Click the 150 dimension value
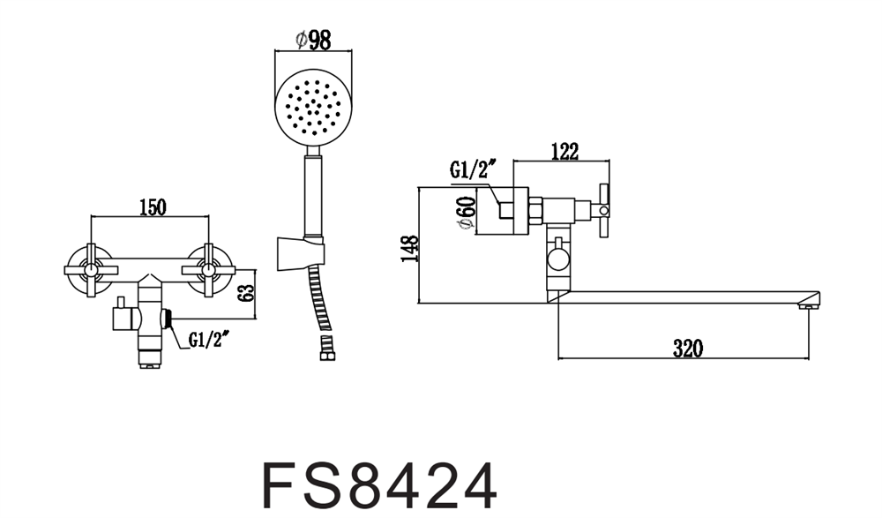[153, 206]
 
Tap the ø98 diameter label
[313, 40]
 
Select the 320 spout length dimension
[688, 349]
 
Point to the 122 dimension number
[564, 152]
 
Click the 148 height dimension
[410, 248]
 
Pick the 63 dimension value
[246, 292]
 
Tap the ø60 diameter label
[467, 213]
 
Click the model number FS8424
[380, 486]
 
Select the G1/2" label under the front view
[209, 340]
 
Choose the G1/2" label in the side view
[474, 169]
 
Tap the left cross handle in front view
[91, 270]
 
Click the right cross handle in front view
[209, 270]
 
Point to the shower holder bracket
[301, 254]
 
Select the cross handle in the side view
[604, 211]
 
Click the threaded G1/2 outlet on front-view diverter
[167, 319]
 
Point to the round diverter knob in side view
[557, 260]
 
